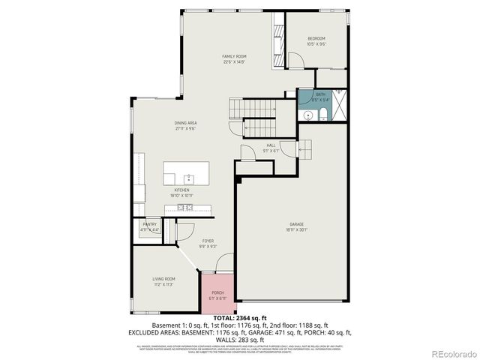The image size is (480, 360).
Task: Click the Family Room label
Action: click(234, 56)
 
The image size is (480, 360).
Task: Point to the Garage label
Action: click(297, 224)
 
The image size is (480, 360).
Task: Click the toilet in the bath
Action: click(322, 115)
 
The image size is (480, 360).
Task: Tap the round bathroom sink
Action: click(307, 115)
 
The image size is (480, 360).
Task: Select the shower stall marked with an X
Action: click(339, 106)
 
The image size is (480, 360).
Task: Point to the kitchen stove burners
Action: click(186, 208)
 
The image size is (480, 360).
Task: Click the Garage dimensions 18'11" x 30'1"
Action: click(297, 229)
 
